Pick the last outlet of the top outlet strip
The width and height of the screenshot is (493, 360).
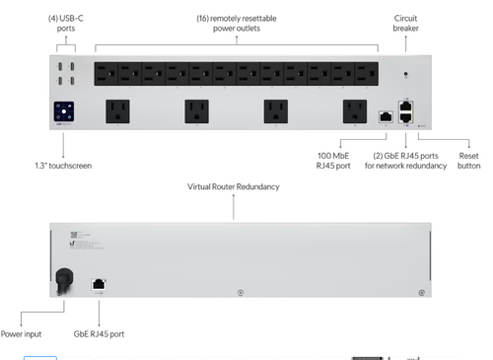tap(366, 72)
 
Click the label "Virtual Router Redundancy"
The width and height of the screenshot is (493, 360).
tap(234, 185)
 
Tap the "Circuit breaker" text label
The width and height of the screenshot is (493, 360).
tap(406, 23)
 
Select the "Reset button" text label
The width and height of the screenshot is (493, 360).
tap(469, 160)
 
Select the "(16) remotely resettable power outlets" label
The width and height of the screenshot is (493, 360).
tap(236, 23)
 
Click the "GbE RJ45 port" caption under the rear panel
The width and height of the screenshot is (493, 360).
tap(98, 334)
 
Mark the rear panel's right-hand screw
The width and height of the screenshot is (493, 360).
tap(422, 292)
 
